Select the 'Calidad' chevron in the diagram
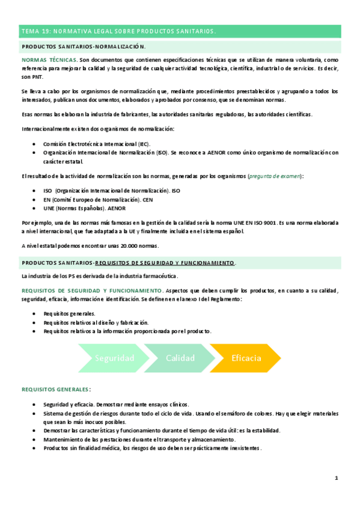tap(180, 358)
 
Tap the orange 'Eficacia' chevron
tap(246, 358)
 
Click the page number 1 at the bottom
tap(337, 478)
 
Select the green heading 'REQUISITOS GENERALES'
tap(56, 389)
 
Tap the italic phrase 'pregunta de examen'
tap(276, 176)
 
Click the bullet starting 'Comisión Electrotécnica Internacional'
tap(97, 144)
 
